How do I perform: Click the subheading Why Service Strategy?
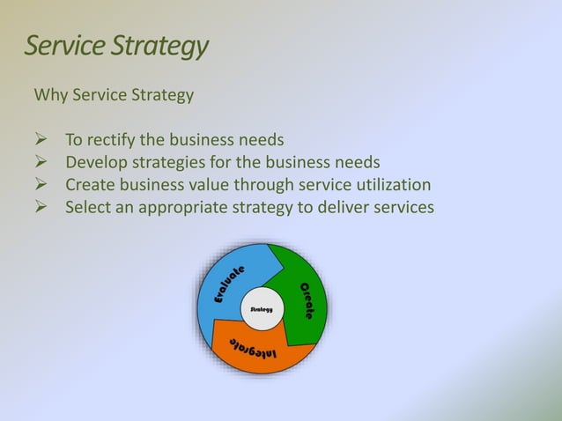point(113,94)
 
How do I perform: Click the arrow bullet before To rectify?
point(40,139)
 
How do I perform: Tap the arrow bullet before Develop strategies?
point(40,162)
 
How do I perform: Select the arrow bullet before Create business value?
point(40,185)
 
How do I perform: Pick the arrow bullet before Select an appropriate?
point(40,208)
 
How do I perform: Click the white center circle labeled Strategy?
point(262,309)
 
